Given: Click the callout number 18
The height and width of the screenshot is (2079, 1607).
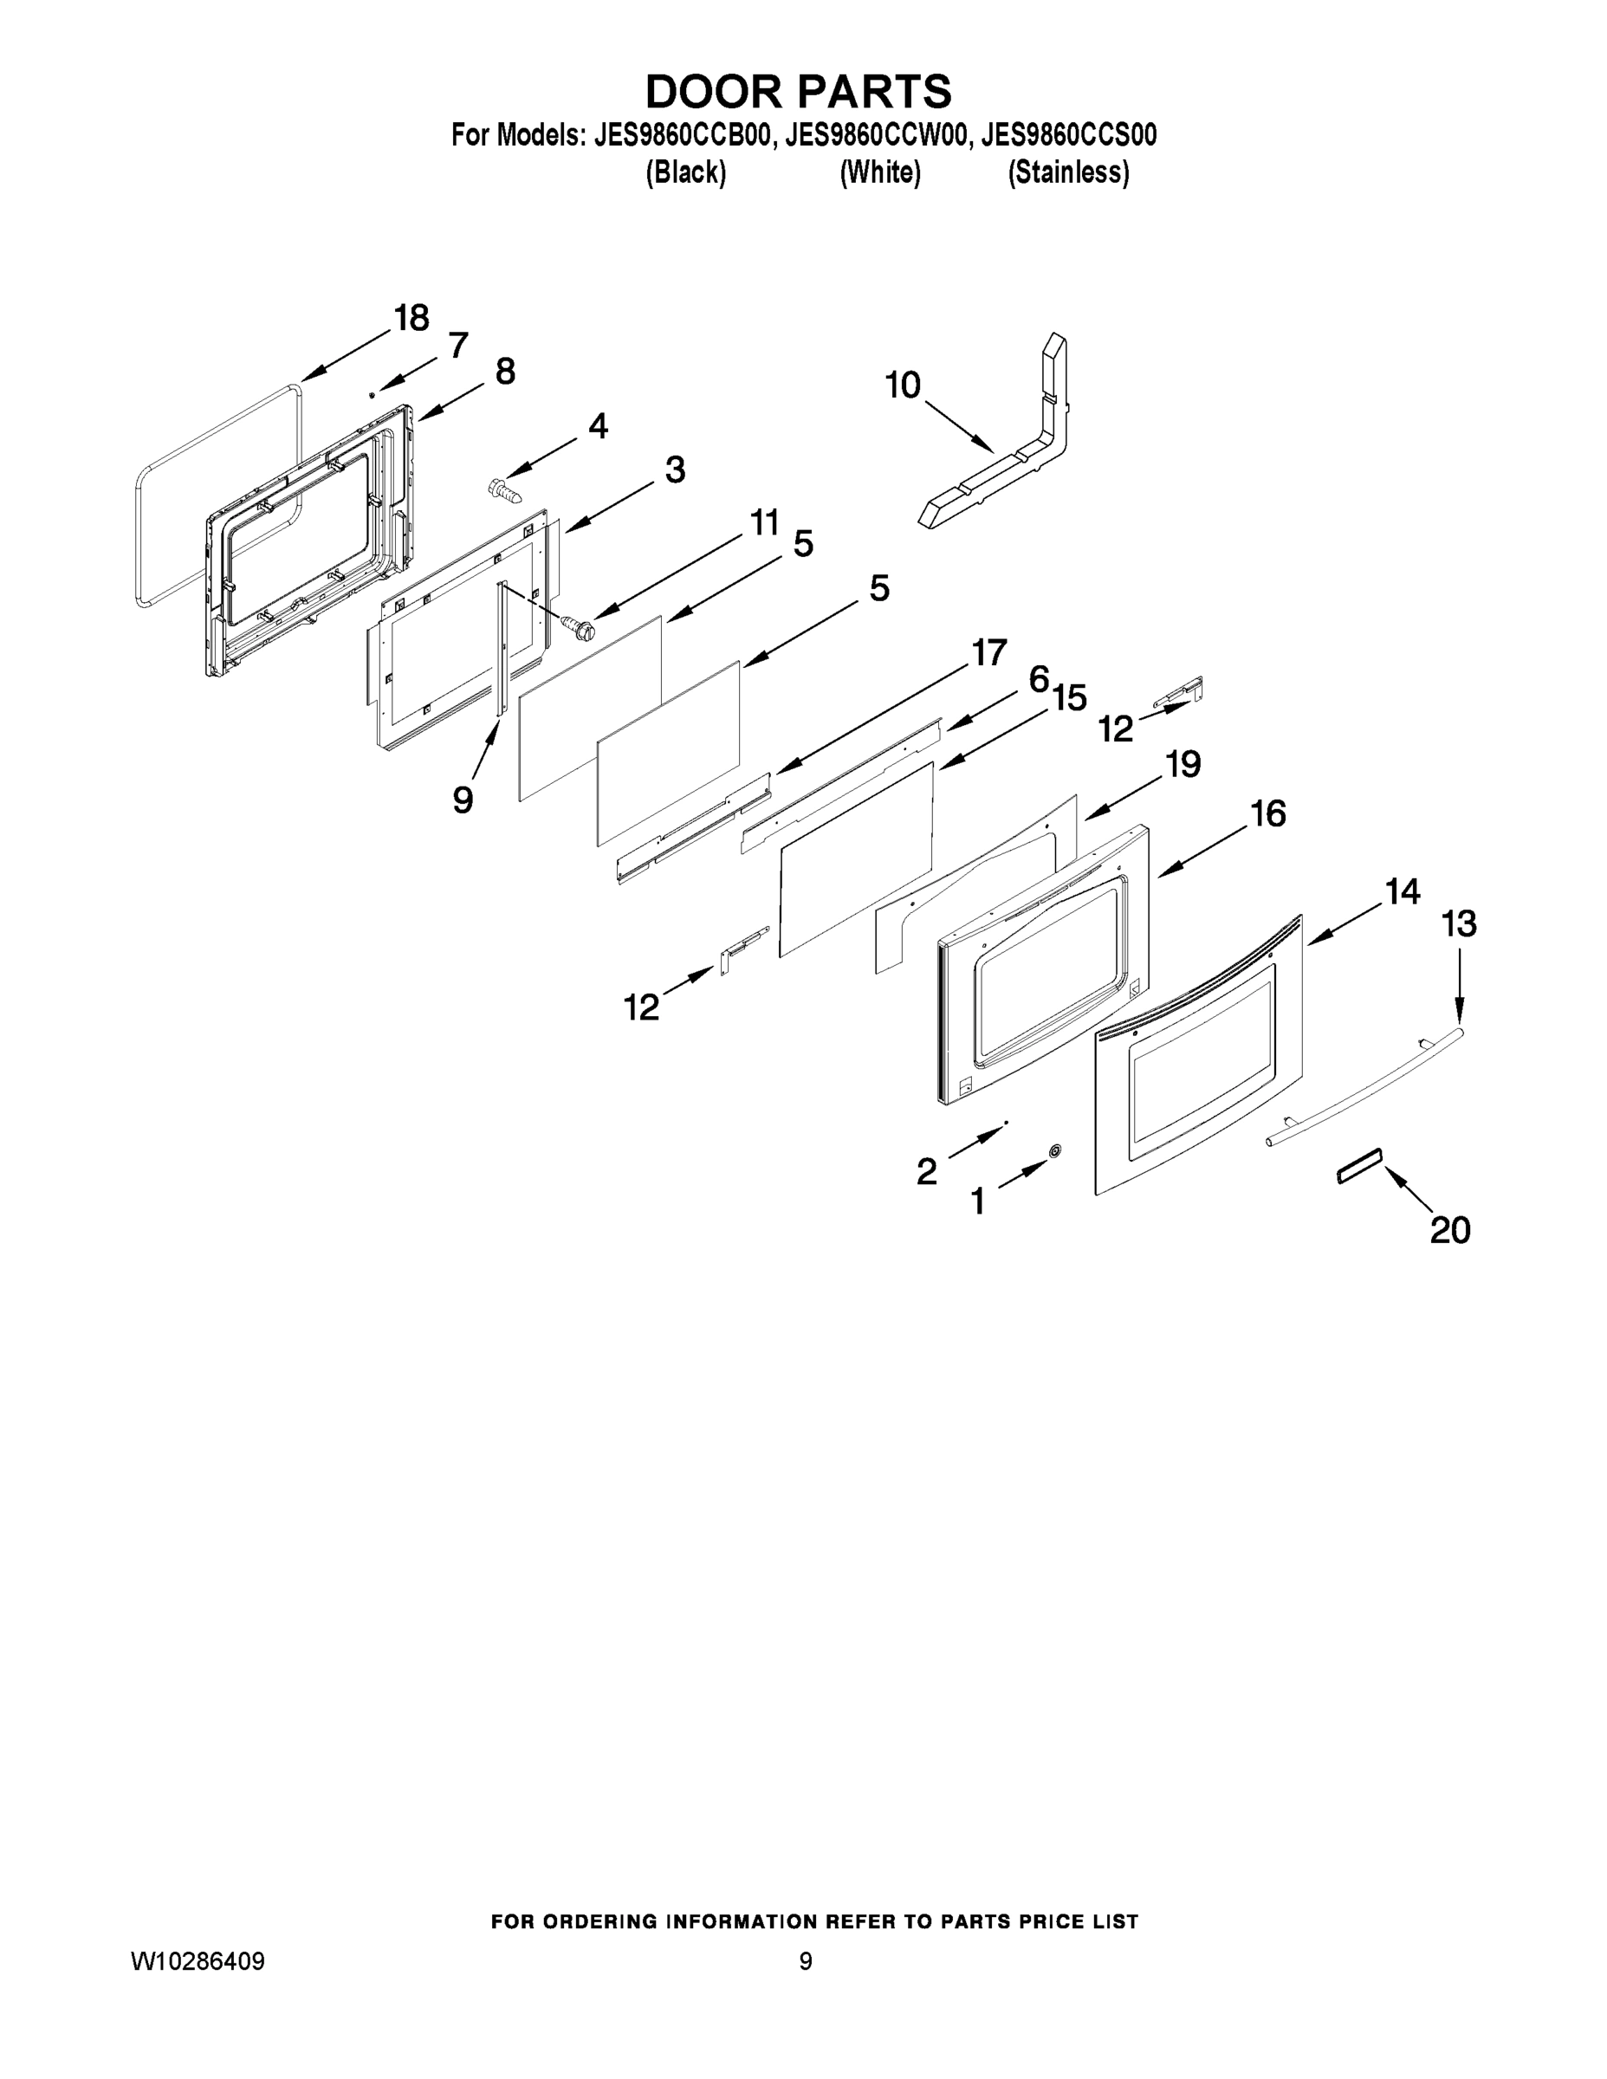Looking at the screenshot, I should point(411,317).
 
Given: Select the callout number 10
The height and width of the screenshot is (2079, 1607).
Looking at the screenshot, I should point(903,385).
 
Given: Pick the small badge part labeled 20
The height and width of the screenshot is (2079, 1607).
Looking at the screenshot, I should point(1358,1165).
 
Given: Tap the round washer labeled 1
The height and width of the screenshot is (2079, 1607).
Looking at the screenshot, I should point(1055,1152).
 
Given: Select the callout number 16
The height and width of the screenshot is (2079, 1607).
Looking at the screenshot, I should point(1268,814).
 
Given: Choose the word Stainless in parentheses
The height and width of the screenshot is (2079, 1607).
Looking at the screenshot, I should point(1068,172).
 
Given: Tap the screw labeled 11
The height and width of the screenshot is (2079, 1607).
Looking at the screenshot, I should point(577,625).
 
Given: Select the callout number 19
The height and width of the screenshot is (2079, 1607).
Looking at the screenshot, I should point(1183,763).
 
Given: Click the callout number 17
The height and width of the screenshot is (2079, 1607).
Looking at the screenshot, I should point(988,653).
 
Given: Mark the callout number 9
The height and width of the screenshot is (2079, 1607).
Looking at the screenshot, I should point(463,800).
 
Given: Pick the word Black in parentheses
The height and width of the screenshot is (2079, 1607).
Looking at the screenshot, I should point(685,172).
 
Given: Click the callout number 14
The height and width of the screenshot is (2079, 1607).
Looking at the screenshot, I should point(1402,892).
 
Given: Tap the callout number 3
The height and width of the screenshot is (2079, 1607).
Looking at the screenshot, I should point(675,470).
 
